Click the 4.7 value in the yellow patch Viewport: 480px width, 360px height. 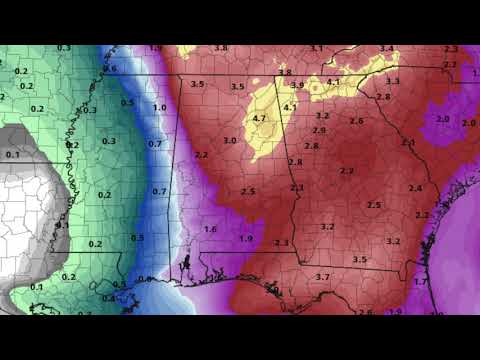click(260, 118)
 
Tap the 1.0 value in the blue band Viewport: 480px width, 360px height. click(159, 108)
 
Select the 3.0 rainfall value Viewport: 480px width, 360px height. click(230, 141)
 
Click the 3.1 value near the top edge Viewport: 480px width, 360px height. click(316, 49)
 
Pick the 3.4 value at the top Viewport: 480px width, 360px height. click(386, 49)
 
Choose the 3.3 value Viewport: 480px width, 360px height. click(393, 81)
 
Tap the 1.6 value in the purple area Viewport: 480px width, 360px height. click(210, 229)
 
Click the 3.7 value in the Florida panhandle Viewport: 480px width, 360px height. click(322, 276)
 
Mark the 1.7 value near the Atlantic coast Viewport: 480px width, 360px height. click(420, 282)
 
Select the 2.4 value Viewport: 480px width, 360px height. click(415, 188)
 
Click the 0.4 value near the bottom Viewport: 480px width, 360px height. click(108, 298)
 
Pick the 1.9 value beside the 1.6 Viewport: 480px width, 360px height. click(245, 238)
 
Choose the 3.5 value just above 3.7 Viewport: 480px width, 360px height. click(359, 260)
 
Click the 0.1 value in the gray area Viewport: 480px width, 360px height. click(12, 155)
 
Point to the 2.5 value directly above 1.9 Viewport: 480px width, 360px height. click(248, 191)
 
